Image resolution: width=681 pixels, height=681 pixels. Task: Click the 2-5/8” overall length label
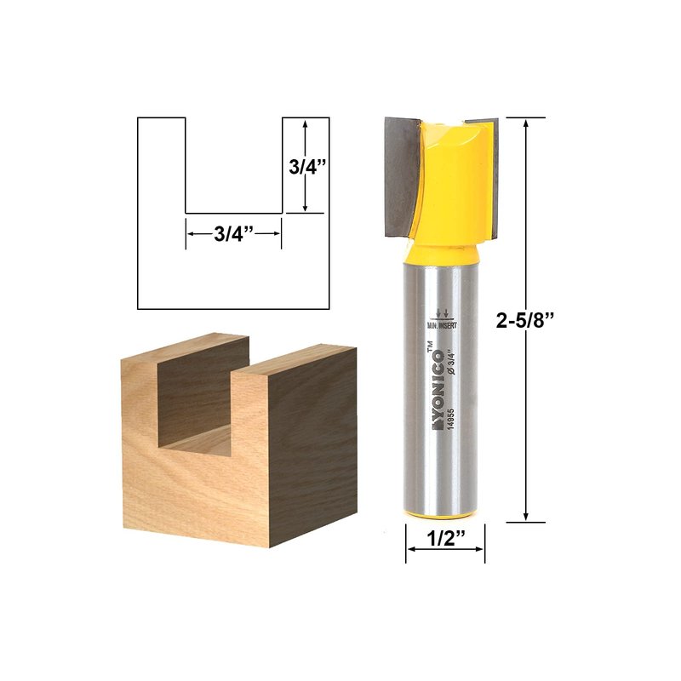click(x=525, y=321)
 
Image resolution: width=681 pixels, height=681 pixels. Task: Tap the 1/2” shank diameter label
click(x=446, y=539)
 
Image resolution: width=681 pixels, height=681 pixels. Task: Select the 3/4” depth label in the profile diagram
click(x=307, y=166)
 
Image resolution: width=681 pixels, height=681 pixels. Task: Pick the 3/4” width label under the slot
click(x=233, y=235)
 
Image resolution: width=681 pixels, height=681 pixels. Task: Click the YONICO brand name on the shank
click(x=437, y=390)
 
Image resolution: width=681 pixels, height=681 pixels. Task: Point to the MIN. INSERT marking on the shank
click(x=442, y=325)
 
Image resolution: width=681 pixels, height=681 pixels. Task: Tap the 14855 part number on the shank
click(x=451, y=419)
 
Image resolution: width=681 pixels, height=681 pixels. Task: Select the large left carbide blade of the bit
click(x=402, y=177)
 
